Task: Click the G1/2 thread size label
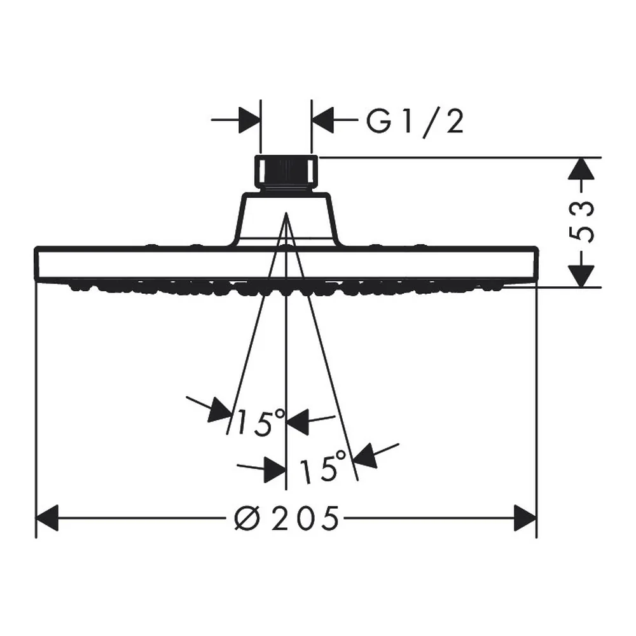[415, 121]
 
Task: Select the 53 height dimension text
[583, 221]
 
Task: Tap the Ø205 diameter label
[286, 518]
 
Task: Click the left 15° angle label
[260, 422]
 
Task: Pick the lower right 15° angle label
[322, 467]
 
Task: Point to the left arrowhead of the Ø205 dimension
[47, 518]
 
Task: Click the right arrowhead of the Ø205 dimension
[525, 518]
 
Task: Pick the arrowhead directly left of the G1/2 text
[322, 120]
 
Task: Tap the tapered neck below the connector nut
[286, 219]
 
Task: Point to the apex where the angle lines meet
[286, 212]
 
